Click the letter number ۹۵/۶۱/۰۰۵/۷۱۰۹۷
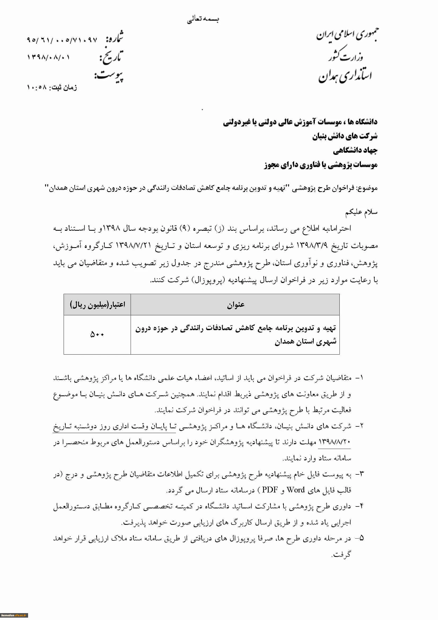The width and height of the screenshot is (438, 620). point(62,40)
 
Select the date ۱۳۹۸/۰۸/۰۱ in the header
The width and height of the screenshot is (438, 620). point(48,58)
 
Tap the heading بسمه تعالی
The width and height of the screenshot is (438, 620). point(203,19)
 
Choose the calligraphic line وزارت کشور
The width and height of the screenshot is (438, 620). point(346,55)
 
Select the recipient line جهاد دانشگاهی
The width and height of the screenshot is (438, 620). point(355,150)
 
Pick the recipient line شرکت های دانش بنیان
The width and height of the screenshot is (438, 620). point(345,136)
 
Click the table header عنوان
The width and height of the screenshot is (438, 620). point(235,305)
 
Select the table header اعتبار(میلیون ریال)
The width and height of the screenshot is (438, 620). point(98,305)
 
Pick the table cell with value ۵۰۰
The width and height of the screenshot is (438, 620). point(97,335)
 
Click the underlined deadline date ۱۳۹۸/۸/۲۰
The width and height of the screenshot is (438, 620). point(334,442)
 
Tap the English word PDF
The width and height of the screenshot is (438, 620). point(270,490)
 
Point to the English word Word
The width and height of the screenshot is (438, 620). point(295,490)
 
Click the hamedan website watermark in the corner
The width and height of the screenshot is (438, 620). point(14,615)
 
